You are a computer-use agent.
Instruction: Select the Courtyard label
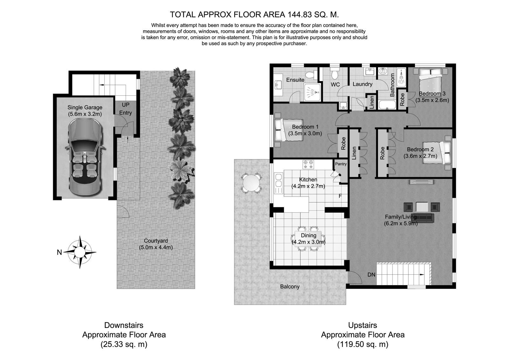[x=156, y=241]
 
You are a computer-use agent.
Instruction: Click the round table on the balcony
[x=251, y=183]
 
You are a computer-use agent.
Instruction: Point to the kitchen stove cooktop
[x=308, y=164]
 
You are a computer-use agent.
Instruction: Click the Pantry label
[x=341, y=164]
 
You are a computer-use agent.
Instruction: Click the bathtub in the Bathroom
[x=387, y=105]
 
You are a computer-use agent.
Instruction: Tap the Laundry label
[x=362, y=84]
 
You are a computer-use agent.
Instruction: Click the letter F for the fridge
[x=340, y=196]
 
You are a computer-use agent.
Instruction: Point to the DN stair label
[x=371, y=275]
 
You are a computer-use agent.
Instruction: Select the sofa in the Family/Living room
[x=425, y=218]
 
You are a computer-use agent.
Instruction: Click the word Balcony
[x=290, y=287]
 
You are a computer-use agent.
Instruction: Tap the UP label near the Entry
[x=126, y=105]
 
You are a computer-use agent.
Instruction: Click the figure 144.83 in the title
[x=300, y=15]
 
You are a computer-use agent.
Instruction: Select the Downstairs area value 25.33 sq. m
[x=124, y=344]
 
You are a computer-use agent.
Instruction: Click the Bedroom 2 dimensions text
[x=420, y=156]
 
